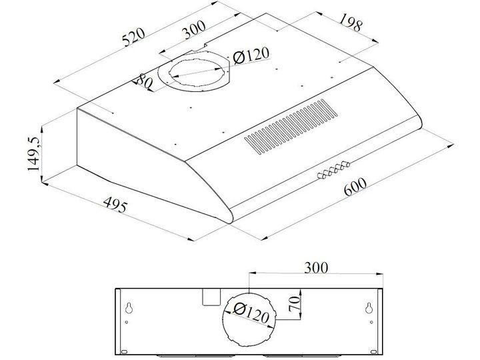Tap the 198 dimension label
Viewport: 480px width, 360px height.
pyautogui.click(x=351, y=23)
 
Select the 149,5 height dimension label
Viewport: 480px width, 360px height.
pyautogui.click(x=33, y=153)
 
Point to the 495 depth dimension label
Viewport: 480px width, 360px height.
pyautogui.click(x=115, y=205)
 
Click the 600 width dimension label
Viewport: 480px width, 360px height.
pyautogui.click(x=355, y=186)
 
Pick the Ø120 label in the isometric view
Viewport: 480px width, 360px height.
pyautogui.click(x=251, y=55)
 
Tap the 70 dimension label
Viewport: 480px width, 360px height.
pyautogui.click(x=295, y=304)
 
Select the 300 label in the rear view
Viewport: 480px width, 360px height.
pyautogui.click(x=316, y=267)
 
